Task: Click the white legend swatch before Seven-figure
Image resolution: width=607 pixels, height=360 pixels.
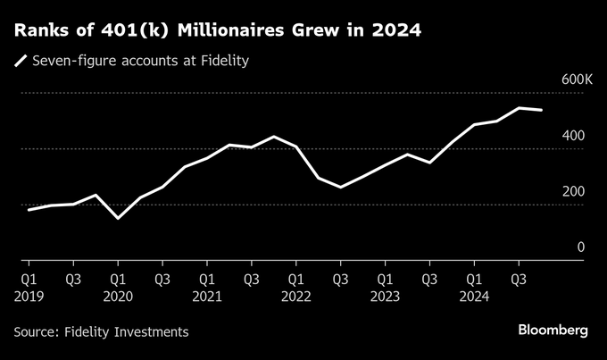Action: click(x=20, y=62)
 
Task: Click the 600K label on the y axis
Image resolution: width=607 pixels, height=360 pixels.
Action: click(x=577, y=80)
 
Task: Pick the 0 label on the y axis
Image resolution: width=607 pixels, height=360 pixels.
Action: click(x=580, y=247)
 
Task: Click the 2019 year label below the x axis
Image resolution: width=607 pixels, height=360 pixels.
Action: click(x=29, y=296)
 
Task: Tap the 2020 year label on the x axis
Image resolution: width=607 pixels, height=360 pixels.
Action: click(x=118, y=296)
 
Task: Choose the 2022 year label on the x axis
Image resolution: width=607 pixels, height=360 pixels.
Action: click(x=296, y=296)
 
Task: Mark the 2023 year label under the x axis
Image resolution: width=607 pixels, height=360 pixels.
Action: click(x=386, y=296)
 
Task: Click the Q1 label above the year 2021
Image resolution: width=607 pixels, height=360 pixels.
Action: click(x=207, y=278)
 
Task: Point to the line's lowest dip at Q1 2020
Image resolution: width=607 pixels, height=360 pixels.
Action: click(x=118, y=218)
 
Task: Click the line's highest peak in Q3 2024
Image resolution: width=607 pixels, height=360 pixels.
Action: click(x=520, y=108)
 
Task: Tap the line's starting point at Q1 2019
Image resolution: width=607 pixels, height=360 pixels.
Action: click(x=29, y=210)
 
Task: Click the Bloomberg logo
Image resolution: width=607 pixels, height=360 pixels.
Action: click(x=553, y=331)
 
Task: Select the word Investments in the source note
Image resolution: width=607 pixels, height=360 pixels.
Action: click(x=149, y=331)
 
